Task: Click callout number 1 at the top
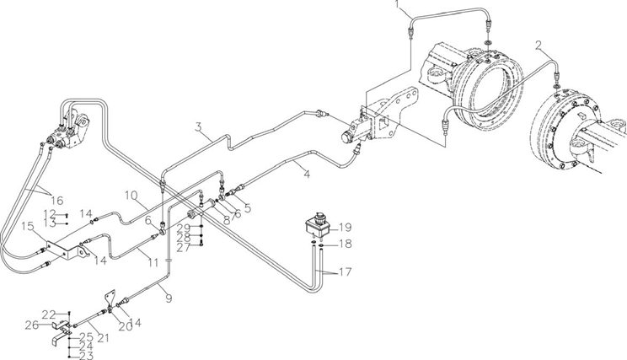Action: (x=397, y=4)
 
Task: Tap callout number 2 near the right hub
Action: (x=539, y=46)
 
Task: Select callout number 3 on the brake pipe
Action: (x=199, y=128)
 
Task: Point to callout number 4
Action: (x=307, y=175)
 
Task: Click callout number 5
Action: (x=247, y=207)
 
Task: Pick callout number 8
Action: (x=227, y=219)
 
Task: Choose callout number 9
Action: (x=169, y=298)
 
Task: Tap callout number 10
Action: (x=131, y=196)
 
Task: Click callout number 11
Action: (x=153, y=263)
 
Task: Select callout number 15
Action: (x=28, y=227)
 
